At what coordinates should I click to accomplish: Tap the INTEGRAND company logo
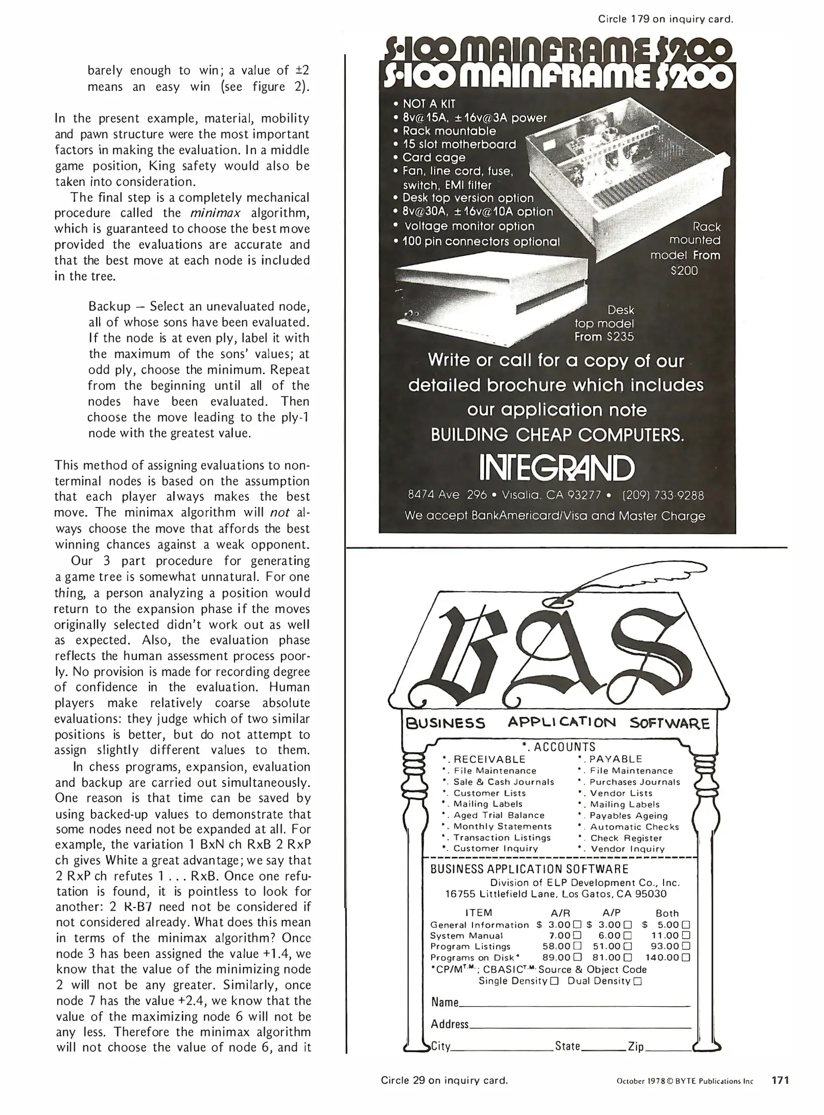point(557,467)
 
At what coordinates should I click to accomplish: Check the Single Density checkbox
point(554,981)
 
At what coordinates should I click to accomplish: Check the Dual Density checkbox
point(637,981)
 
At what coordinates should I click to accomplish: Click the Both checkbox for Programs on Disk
point(686,958)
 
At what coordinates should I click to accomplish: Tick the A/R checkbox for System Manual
point(577,935)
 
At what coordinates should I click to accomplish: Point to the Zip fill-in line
point(668,1048)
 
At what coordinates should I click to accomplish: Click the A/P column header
point(611,913)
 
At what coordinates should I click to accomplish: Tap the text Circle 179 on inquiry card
point(665,19)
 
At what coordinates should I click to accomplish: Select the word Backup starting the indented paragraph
point(109,307)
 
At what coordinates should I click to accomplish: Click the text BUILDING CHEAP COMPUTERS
point(557,435)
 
